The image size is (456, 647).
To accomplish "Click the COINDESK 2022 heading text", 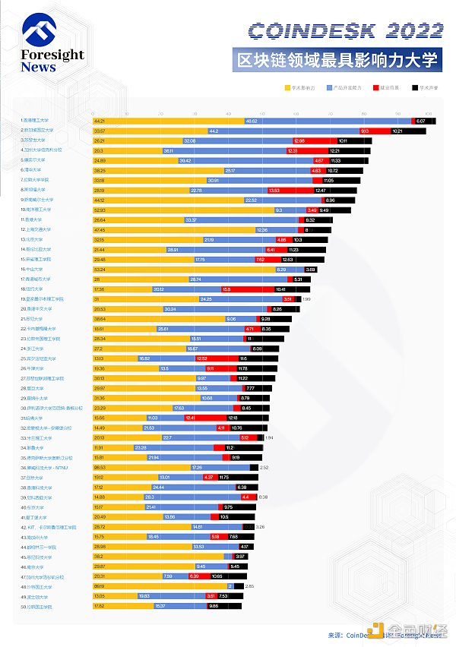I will coord(346,30).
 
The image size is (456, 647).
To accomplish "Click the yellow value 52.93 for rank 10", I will coord(100,210).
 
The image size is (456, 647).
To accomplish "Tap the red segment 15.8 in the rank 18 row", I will coord(226,289).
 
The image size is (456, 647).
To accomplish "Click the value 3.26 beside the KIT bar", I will coord(260,526).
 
